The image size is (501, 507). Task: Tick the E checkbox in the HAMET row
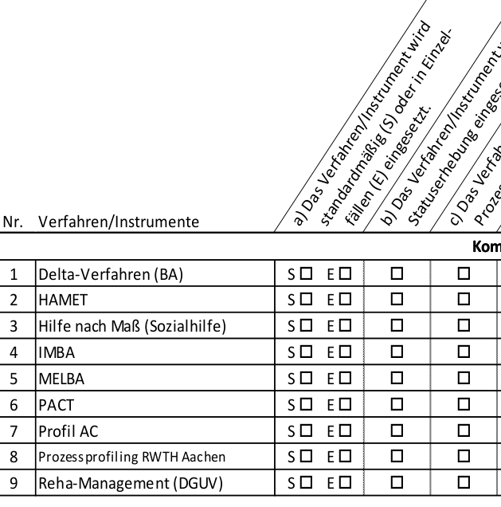[344, 301]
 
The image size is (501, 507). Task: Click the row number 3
[14, 327]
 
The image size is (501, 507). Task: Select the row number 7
[14, 431]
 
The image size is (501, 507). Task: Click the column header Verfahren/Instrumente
[119, 222]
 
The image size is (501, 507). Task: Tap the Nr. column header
[14, 222]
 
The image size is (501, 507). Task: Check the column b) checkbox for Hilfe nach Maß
[396, 327]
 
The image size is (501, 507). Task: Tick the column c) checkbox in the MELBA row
[464, 379]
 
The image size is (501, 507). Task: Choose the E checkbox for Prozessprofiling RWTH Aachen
[344, 458]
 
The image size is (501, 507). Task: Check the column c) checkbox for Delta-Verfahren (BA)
[464, 274]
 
